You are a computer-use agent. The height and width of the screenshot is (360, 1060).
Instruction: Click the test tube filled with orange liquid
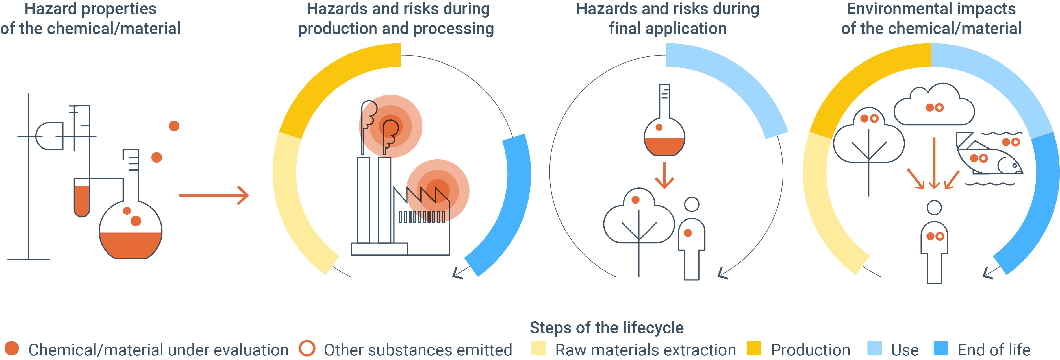click(82, 197)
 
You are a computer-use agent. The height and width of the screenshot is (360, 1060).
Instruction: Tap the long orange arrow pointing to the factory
click(214, 195)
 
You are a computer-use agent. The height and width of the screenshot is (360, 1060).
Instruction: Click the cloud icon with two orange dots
click(934, 105)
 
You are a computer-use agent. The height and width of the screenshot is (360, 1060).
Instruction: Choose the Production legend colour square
click(754, 348)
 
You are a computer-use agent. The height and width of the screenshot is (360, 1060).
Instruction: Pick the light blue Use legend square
click(874, 348)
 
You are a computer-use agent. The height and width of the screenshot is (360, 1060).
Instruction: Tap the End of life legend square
click(941, 348)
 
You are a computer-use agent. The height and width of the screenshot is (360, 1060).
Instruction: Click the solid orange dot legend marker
click(12, 348)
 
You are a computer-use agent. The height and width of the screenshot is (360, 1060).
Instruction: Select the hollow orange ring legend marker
click(307, 348)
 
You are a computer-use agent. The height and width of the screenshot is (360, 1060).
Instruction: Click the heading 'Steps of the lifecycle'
click(607, 328)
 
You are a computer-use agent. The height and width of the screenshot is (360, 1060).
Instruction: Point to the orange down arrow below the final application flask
click(664, 175)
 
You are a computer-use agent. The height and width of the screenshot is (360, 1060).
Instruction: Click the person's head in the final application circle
click(692, 204)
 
